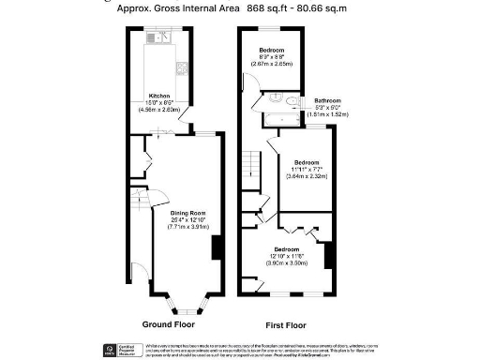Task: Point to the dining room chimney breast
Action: coord(218,247)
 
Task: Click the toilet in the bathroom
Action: coord(291,101)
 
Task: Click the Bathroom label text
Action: coord(327,100)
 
